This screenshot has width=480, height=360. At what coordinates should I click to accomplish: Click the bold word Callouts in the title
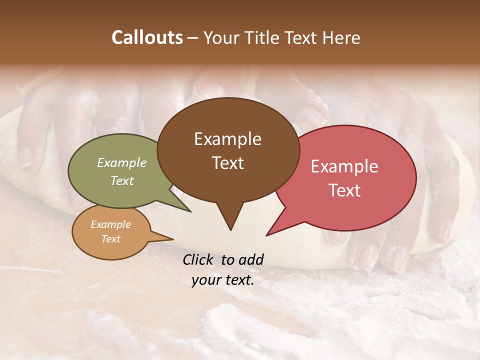[x=147, y=37]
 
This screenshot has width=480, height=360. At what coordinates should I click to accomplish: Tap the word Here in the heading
[x=341, y=38]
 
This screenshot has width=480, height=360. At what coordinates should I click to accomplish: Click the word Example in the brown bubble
[x=227, y=139]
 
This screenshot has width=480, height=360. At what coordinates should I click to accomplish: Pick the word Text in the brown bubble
[x=227, y=163]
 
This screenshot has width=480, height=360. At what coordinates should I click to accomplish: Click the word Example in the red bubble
[x=344, y=166]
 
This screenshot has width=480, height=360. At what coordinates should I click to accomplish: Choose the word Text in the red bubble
[x=344, y=190]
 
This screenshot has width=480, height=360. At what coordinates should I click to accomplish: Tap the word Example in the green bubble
[x=121, y=162]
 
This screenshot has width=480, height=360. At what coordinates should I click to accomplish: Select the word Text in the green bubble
[x=121, y=180]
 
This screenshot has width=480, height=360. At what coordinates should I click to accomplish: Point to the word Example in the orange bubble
[x=110, y=224]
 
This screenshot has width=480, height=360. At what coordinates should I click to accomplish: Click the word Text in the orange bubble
[x=110, y=239]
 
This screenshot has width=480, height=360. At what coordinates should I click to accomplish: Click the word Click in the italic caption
[x=198, y=259]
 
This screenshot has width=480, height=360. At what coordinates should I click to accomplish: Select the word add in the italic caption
[x=251, y=259]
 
